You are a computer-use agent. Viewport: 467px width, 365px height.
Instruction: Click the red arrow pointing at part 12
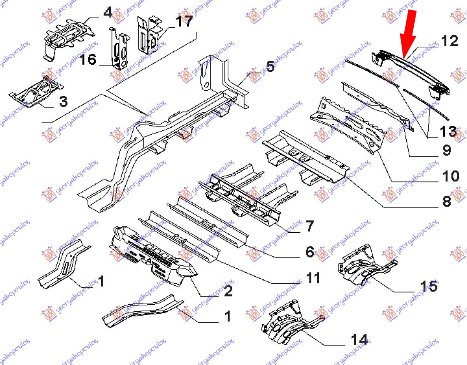408,34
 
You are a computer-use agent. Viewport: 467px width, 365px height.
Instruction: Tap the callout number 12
449,41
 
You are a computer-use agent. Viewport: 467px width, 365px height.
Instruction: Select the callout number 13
448,131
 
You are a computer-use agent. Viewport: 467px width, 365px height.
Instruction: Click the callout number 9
446,150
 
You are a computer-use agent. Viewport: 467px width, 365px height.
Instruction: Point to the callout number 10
451,176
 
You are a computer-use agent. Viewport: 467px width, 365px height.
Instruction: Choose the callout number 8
446,202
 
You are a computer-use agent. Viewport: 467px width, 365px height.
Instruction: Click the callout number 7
310,226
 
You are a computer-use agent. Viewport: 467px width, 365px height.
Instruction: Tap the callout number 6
310,251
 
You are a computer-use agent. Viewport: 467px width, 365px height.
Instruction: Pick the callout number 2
228,291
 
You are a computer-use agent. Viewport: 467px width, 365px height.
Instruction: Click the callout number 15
429,286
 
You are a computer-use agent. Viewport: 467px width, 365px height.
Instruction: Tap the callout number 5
270,67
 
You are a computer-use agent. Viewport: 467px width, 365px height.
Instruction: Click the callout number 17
184,21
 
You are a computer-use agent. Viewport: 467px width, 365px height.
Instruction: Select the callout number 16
88,60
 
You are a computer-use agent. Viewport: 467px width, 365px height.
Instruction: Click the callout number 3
63,101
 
